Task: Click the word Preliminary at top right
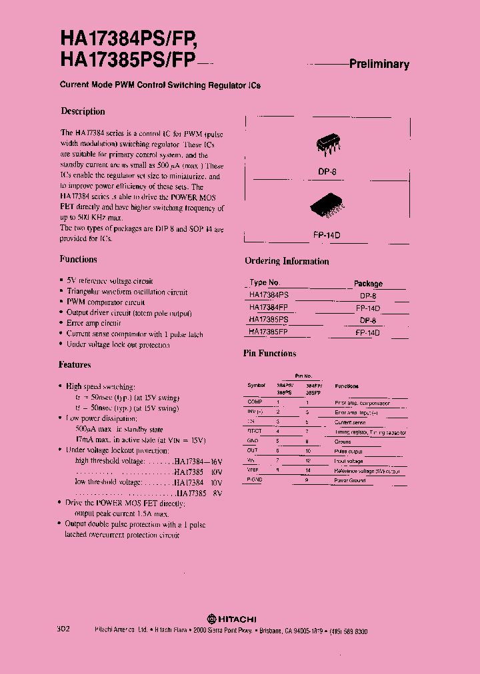379,65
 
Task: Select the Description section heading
83,111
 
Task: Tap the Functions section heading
79,259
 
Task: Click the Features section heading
75,364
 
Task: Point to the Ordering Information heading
287,261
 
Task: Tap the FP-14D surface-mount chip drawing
327,206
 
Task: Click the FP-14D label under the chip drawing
327,235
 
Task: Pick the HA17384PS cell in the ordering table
269,294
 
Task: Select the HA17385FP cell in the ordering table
269,331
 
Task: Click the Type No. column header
265,282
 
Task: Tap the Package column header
368,283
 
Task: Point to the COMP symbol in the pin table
255,402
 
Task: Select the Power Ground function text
350,480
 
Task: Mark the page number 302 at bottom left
63,629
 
